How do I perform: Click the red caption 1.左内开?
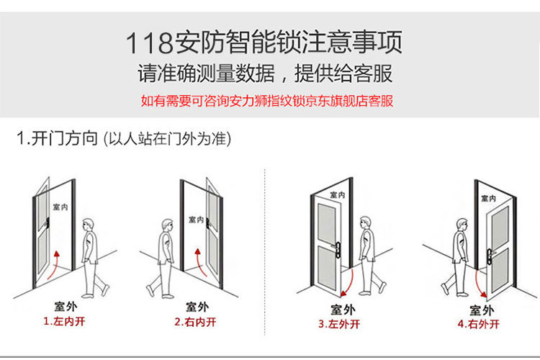pos(64,321)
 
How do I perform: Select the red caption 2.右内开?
pos(195,322)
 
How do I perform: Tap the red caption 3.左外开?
pos(339,324)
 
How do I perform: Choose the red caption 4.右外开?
pos(479,324)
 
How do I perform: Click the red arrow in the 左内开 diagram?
pos(53,265)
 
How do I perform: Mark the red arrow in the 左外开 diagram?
pos(349,283)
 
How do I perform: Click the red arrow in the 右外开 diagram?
pos(479,283)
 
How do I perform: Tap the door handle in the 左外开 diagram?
pos(338,249)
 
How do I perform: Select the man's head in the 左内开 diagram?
pos(88,225)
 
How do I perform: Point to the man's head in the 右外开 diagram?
pos(462,226)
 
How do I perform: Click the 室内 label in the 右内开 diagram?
pos(197,220)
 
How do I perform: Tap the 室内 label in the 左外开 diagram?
pos(337,194)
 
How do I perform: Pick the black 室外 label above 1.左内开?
pos(66,306)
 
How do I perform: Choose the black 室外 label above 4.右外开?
pos(482,310)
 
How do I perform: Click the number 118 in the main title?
pos(149,42)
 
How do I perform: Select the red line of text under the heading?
pos(267,101)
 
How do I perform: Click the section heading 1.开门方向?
pos(57,138)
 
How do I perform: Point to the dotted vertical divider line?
pos(264,251)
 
